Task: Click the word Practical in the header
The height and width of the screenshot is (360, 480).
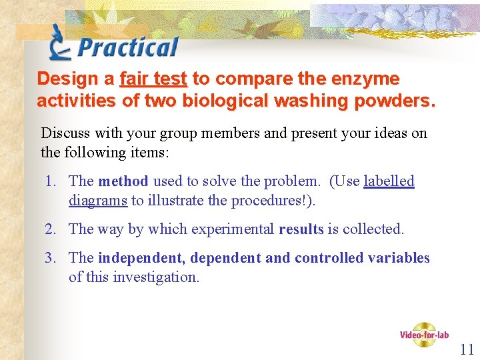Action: (128, 47)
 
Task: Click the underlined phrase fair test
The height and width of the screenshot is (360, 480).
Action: (153, 79)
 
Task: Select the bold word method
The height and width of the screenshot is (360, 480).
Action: (123, 181)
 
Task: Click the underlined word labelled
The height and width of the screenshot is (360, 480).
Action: (389, 181)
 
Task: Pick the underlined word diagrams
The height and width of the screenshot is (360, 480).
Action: (98, 200)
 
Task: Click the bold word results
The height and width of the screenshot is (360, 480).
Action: (301, 229)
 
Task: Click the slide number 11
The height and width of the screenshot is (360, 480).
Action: (467, 349)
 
